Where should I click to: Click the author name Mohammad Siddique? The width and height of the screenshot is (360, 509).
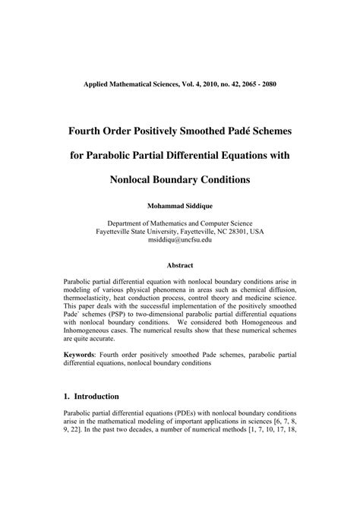point(180,205)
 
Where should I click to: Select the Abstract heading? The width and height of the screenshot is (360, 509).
point(180,265)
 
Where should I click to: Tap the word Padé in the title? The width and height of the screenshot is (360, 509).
point(233,131)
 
